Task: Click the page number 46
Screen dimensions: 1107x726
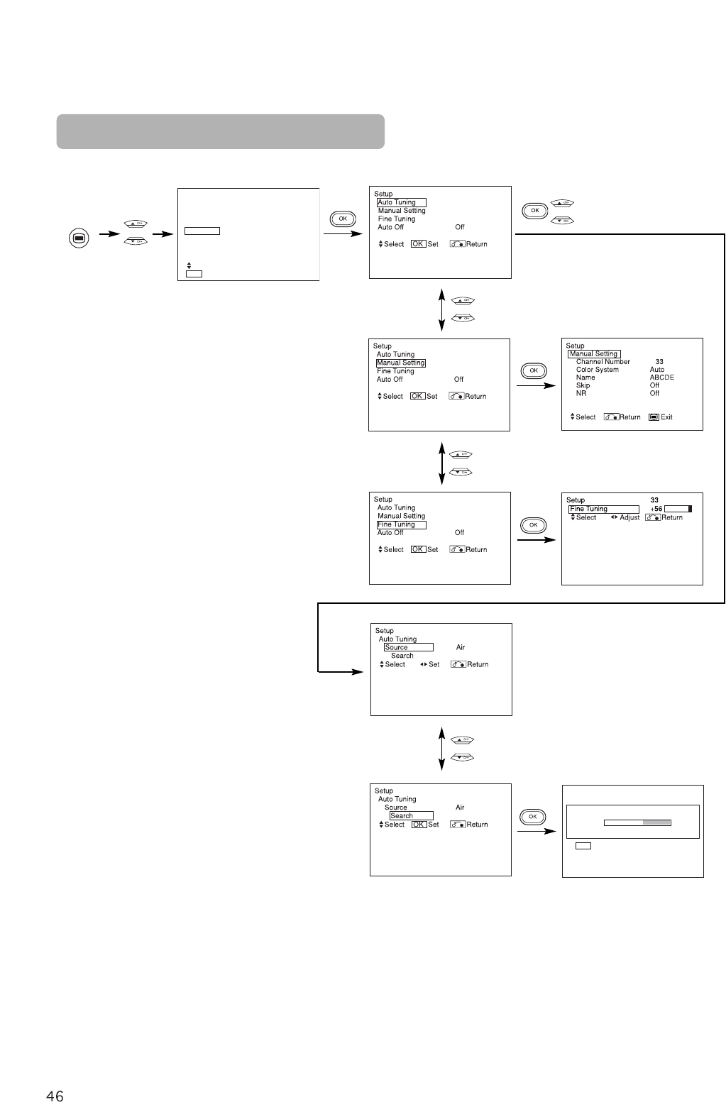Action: [x=55, y=1096]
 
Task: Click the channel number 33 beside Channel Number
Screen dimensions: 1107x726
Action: [x=659, y=362]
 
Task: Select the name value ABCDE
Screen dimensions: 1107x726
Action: [x=662, y=378]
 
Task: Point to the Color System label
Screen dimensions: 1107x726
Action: [x=598, y=370]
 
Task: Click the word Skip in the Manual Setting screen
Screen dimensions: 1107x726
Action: [x=583, y=385]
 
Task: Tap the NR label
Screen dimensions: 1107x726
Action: [x=581, y=393]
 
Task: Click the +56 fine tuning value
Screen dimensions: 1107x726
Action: [x=656, y=509]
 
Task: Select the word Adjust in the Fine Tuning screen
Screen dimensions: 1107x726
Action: [x=629, y=518]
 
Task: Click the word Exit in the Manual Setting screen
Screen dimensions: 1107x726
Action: [x=666, y=417]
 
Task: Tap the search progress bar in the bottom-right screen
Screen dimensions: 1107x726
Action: [x=637, y=823]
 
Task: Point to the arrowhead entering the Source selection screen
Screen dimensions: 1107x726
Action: [x=358, y=671]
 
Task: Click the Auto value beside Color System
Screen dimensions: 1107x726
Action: [x=657, y=370]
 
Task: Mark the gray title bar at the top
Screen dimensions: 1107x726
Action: [x=221, y=131]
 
